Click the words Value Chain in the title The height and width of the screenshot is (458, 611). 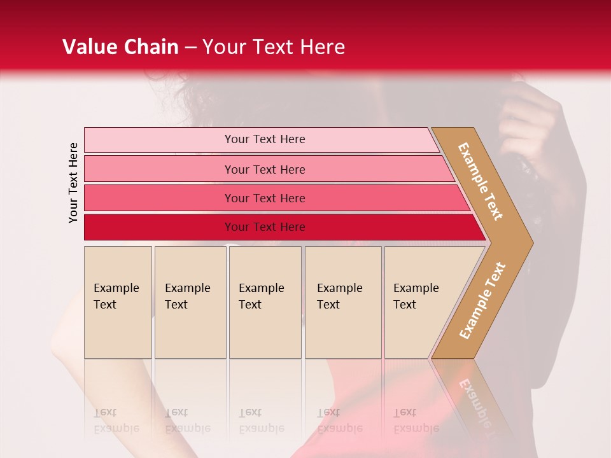pyautogui.click(x=120, y=47)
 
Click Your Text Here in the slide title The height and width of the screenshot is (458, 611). pyautogui.click(x=274, y=47)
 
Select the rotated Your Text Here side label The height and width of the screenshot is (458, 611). pyautogui.click(x=73, y=183)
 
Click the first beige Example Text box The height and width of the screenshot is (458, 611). pyautogui.click(x=118, y=302)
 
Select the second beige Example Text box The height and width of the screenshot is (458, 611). pyautogui.click(x=190, y=302)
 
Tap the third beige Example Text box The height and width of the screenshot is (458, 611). pyautogui.click(x=265, y=302)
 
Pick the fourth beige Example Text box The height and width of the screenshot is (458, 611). pyautogui.click(x=343, y=302)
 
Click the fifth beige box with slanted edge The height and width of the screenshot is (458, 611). pyautogui.click(x=420, y=302)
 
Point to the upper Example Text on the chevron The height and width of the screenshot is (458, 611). pyautogui.click(x=481, y=181)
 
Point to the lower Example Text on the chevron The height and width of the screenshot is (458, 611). pyautogui.click(x=482, y=300)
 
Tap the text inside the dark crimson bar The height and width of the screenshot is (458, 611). pyautogui.click(x=265, y=227)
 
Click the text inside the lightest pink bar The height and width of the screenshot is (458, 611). pyautogui.click(x=265, y=139)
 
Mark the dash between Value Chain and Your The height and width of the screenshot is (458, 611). pyautogui.click(x=190, y=48)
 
